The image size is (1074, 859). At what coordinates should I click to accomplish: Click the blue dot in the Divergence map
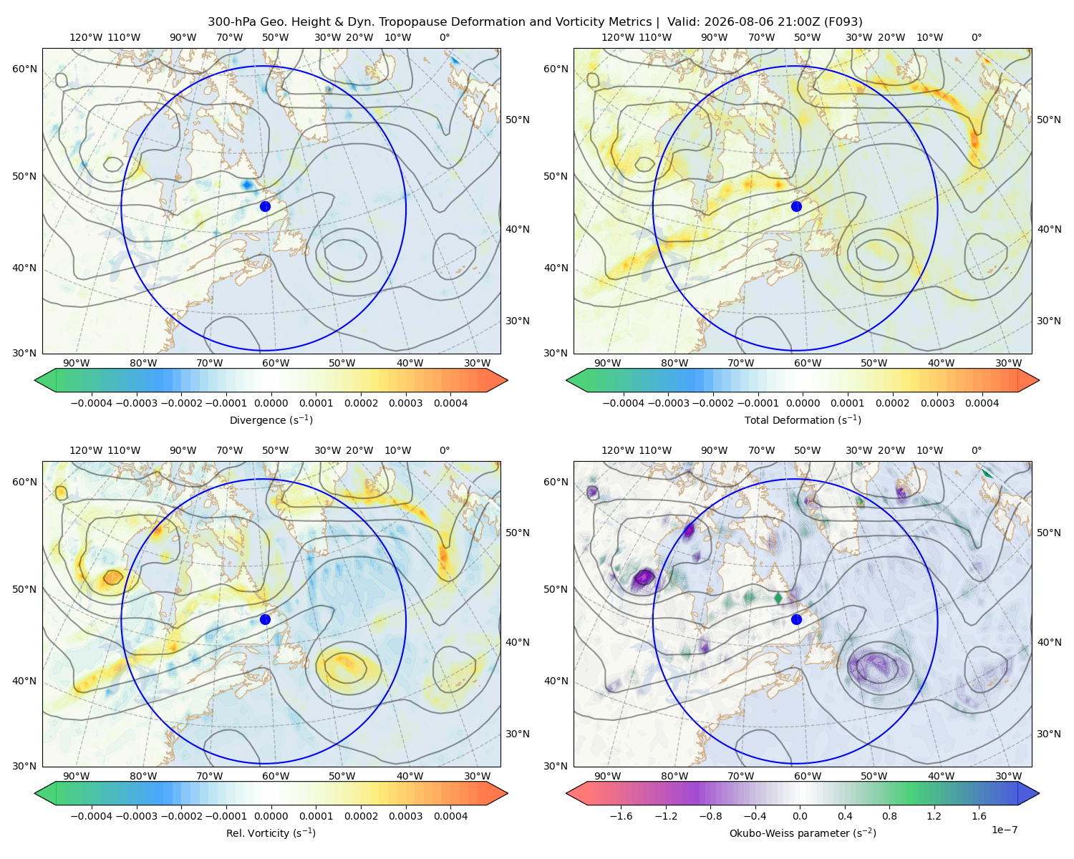point(265,206)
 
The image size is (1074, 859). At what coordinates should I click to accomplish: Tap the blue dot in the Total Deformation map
point(796,206)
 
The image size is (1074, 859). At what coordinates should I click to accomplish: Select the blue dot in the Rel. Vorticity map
point(265,619)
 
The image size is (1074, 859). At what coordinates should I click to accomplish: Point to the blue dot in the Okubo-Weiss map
point(796,619)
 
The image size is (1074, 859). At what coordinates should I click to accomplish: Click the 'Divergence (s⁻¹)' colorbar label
point(271,419)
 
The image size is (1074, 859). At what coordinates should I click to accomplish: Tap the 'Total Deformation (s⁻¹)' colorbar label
point(803,419)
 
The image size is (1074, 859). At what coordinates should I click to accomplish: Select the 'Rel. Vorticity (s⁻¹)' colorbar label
point(271,833)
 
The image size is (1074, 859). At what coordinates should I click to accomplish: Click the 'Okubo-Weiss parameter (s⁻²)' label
point(803,833)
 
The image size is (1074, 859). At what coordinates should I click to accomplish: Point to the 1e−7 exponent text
point(1004,830)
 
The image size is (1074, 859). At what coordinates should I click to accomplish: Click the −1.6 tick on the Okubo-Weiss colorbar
point(621,815)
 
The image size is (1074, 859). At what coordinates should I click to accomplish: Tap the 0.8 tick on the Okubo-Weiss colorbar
point(889,815)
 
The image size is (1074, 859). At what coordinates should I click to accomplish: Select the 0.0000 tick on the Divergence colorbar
point(271,403)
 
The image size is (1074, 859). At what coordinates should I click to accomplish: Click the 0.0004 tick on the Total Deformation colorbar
point(982,403)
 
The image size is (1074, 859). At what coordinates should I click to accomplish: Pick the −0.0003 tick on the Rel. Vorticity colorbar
point(136,815)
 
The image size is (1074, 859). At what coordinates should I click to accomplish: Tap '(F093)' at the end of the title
point(844,22)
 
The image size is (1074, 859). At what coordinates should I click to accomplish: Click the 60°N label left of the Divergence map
point(24,69)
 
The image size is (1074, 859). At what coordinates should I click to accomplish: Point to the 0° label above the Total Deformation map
point(976,37)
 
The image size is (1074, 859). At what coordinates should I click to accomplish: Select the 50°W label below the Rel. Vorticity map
point(342,776)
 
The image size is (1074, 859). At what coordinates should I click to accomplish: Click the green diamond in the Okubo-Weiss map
point(778,598)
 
